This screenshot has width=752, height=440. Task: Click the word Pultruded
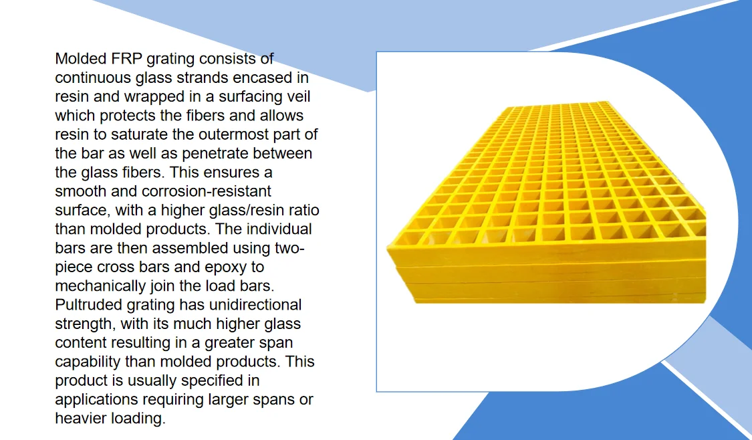88,306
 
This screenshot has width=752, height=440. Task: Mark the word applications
95,400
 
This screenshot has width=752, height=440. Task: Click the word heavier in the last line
82,419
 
